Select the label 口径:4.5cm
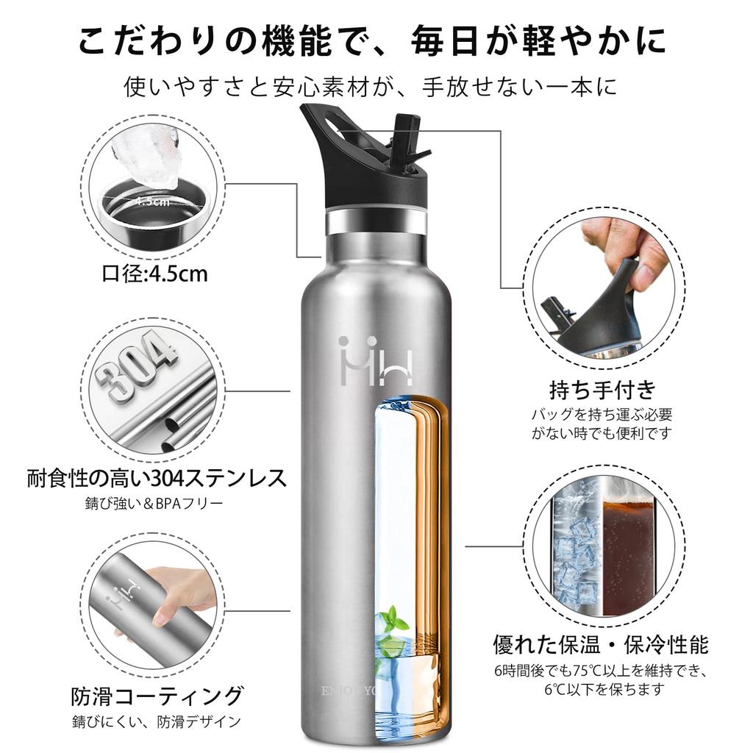tap(154, 274)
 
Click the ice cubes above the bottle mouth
tap(147, 158)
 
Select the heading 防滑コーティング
tap(157, 695)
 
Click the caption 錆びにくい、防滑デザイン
tap(157, 721)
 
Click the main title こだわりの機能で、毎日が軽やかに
tap(376, 42)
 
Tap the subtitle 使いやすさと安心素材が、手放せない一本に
tap(376, 88)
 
